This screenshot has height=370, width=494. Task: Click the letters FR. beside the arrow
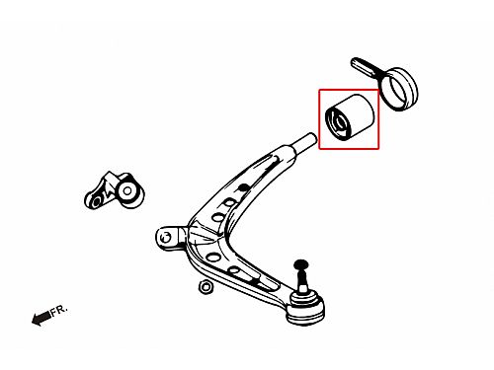(x=59, y=310)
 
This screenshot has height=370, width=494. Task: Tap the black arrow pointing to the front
(x=41, y=319)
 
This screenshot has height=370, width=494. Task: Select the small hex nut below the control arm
(x=206, y=286)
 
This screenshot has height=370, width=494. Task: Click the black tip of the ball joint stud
(x=300, y=263)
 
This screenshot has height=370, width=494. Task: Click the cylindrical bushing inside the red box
(x=349, y=116)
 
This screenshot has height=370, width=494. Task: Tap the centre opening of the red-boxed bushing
(x=340, y=123)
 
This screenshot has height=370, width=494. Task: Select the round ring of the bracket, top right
(x=399, y=89)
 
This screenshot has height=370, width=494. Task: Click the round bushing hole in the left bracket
(x=127, y=190)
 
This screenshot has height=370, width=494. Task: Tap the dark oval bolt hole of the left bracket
(x=96, y=201)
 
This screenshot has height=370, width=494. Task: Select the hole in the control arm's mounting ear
(x=167, y=236)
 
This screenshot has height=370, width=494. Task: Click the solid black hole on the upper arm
(x=243, y=187)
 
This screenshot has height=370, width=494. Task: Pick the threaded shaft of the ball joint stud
(x=301, y=278)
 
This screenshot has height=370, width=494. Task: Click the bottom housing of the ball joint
(x=305, y=315)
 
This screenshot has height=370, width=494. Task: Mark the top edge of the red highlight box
(x=349, y=90)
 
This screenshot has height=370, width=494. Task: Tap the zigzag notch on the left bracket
(x=107, y=192)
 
